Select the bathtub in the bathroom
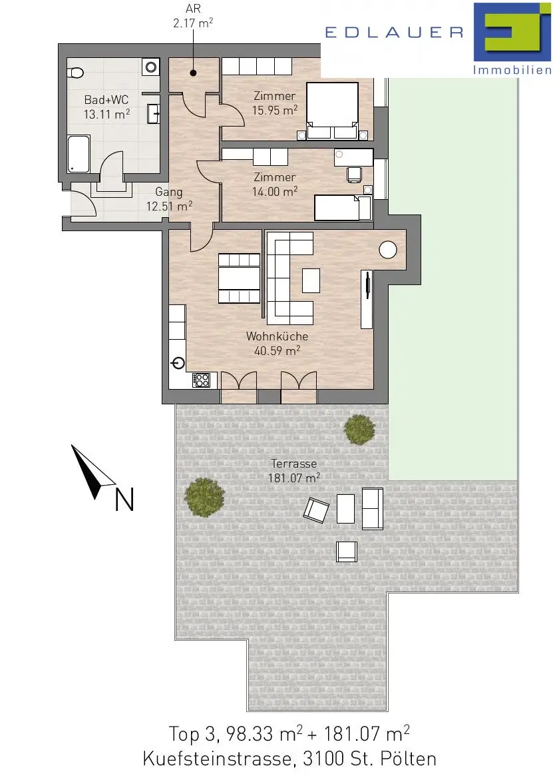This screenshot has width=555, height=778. point(79,154)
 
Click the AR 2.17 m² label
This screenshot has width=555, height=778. point(193,17)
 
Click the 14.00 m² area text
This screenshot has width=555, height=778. point(275,191)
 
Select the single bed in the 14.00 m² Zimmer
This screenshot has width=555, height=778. point(343,208)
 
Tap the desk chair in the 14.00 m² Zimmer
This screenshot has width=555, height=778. point(354,174)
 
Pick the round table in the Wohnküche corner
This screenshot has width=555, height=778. point(388,250)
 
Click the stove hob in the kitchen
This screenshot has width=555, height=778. point(201,380)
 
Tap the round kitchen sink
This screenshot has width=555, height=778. point(178,364)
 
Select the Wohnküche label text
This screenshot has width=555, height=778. point(277,336)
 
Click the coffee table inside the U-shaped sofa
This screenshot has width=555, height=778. point(311,280)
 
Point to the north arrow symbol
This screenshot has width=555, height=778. point(93,472)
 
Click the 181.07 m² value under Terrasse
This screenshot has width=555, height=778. point(294,478)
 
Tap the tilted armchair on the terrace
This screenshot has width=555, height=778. point(316,510)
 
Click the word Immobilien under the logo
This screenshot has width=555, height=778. point(512,70)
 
